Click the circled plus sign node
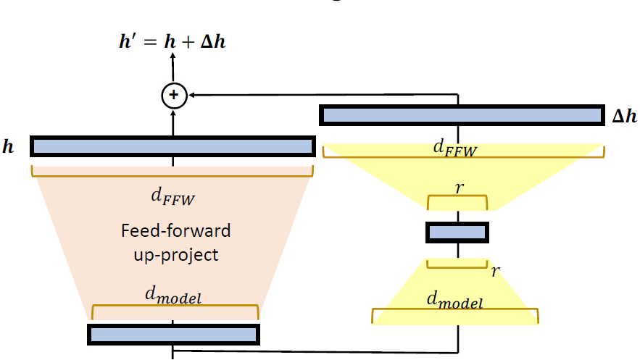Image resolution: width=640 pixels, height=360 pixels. (x=173, y=95)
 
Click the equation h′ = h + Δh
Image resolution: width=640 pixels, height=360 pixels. (x=173, y=41)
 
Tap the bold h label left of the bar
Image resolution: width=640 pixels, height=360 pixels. (x=8, y=147)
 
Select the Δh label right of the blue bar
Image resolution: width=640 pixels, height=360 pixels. (x=624, y=116)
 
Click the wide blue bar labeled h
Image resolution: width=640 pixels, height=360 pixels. (x=173, y=146)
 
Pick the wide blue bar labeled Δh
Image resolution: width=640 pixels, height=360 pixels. (x=462, y=115)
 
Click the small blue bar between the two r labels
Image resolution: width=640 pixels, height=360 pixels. (x=457, y=233)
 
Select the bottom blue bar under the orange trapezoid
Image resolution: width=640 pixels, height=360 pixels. (x=173, y=334)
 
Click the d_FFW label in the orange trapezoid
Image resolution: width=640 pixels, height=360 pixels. (x=173, y=196)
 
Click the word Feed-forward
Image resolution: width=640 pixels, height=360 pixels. (x=176, y=231)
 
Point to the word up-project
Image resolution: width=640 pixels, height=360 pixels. (x=176, y=254)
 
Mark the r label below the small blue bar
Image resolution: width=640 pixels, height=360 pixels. (x=495, y=271)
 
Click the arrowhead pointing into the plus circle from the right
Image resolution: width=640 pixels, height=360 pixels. (x=193, y=95)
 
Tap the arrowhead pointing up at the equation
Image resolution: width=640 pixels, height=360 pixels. (x=173, y=60)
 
